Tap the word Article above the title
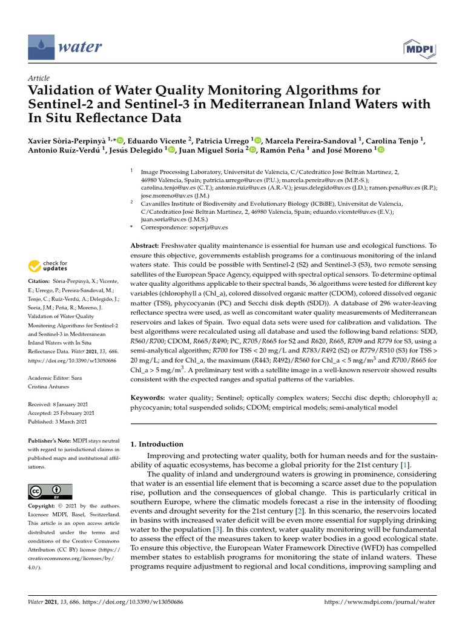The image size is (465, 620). (39, 79)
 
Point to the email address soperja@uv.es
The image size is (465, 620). (208, 227)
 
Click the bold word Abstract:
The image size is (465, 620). (145, 246)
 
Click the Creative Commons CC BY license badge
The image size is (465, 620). (50, 491)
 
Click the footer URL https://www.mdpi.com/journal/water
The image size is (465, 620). (380, 602)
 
